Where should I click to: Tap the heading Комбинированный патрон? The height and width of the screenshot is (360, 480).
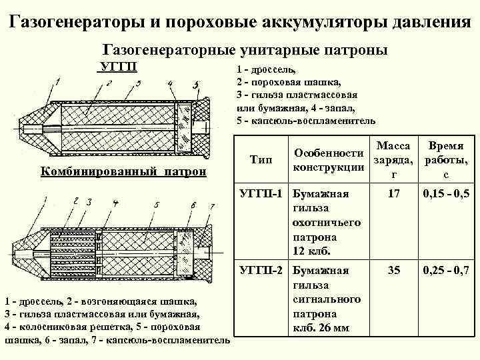[x=123, y=171]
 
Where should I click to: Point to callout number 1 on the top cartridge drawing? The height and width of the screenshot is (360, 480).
[x=59, y=82]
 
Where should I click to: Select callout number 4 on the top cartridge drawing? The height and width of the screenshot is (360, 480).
[x=171, y=83]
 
